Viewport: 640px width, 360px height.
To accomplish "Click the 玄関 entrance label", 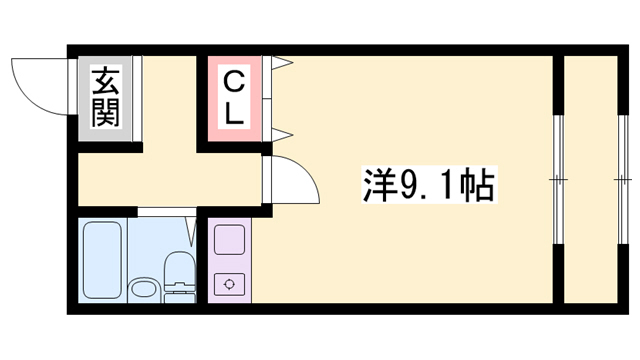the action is [x=105, y=97].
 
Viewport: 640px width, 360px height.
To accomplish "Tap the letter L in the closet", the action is [x=233, y=115].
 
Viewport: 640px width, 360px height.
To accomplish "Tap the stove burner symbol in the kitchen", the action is [x=230, y=283].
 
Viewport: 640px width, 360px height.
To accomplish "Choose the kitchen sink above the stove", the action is [x=230, y=242].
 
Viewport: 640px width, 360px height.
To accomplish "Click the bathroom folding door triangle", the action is [x=190, y=232].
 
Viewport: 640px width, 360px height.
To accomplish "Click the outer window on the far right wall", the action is [x=618, y=180].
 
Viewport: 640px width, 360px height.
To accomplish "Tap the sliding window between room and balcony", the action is [x=558, y=180].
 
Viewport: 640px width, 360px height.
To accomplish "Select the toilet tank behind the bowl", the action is [x=178, y=291].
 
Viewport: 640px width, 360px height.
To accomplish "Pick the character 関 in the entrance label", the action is [x=105, y=113].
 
